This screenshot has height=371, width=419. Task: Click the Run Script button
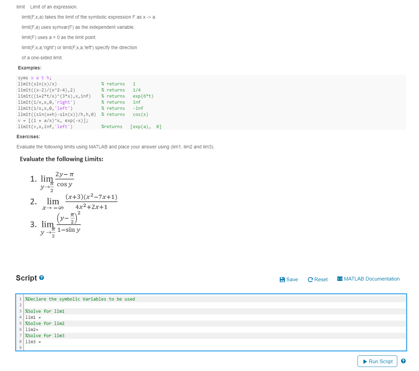[x=377, y=361]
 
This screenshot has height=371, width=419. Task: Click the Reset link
[x=318, y=280]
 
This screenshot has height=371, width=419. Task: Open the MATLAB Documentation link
[x=368, y=279]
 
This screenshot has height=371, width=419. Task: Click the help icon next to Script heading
[x=41, y=278]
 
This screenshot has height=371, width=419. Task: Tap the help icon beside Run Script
[x=403, y=361]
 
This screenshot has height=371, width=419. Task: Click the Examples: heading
[x=30, y=68]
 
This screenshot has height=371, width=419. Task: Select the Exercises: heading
[x=28, y=137]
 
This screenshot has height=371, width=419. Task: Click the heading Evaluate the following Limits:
[x=61, y=159]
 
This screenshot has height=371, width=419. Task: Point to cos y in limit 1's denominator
[x=65, y=184]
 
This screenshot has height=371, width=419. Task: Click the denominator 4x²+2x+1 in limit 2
[x=91, y=207]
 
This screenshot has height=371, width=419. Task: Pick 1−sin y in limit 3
[x=69, y=230]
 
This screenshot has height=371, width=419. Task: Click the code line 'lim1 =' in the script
[x=33, y=317]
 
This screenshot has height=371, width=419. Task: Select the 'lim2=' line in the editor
[x=32, y=330]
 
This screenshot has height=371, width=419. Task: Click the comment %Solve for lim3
[x=45, y=336]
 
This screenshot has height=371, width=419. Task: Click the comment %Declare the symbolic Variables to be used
[x=80, y=299]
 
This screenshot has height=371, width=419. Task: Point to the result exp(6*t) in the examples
[x=143, y=96]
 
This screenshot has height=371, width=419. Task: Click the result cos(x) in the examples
[x=141, y=115]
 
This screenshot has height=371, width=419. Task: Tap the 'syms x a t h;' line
[x=35, y=78]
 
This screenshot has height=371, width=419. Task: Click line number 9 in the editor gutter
[x=20, y=348]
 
